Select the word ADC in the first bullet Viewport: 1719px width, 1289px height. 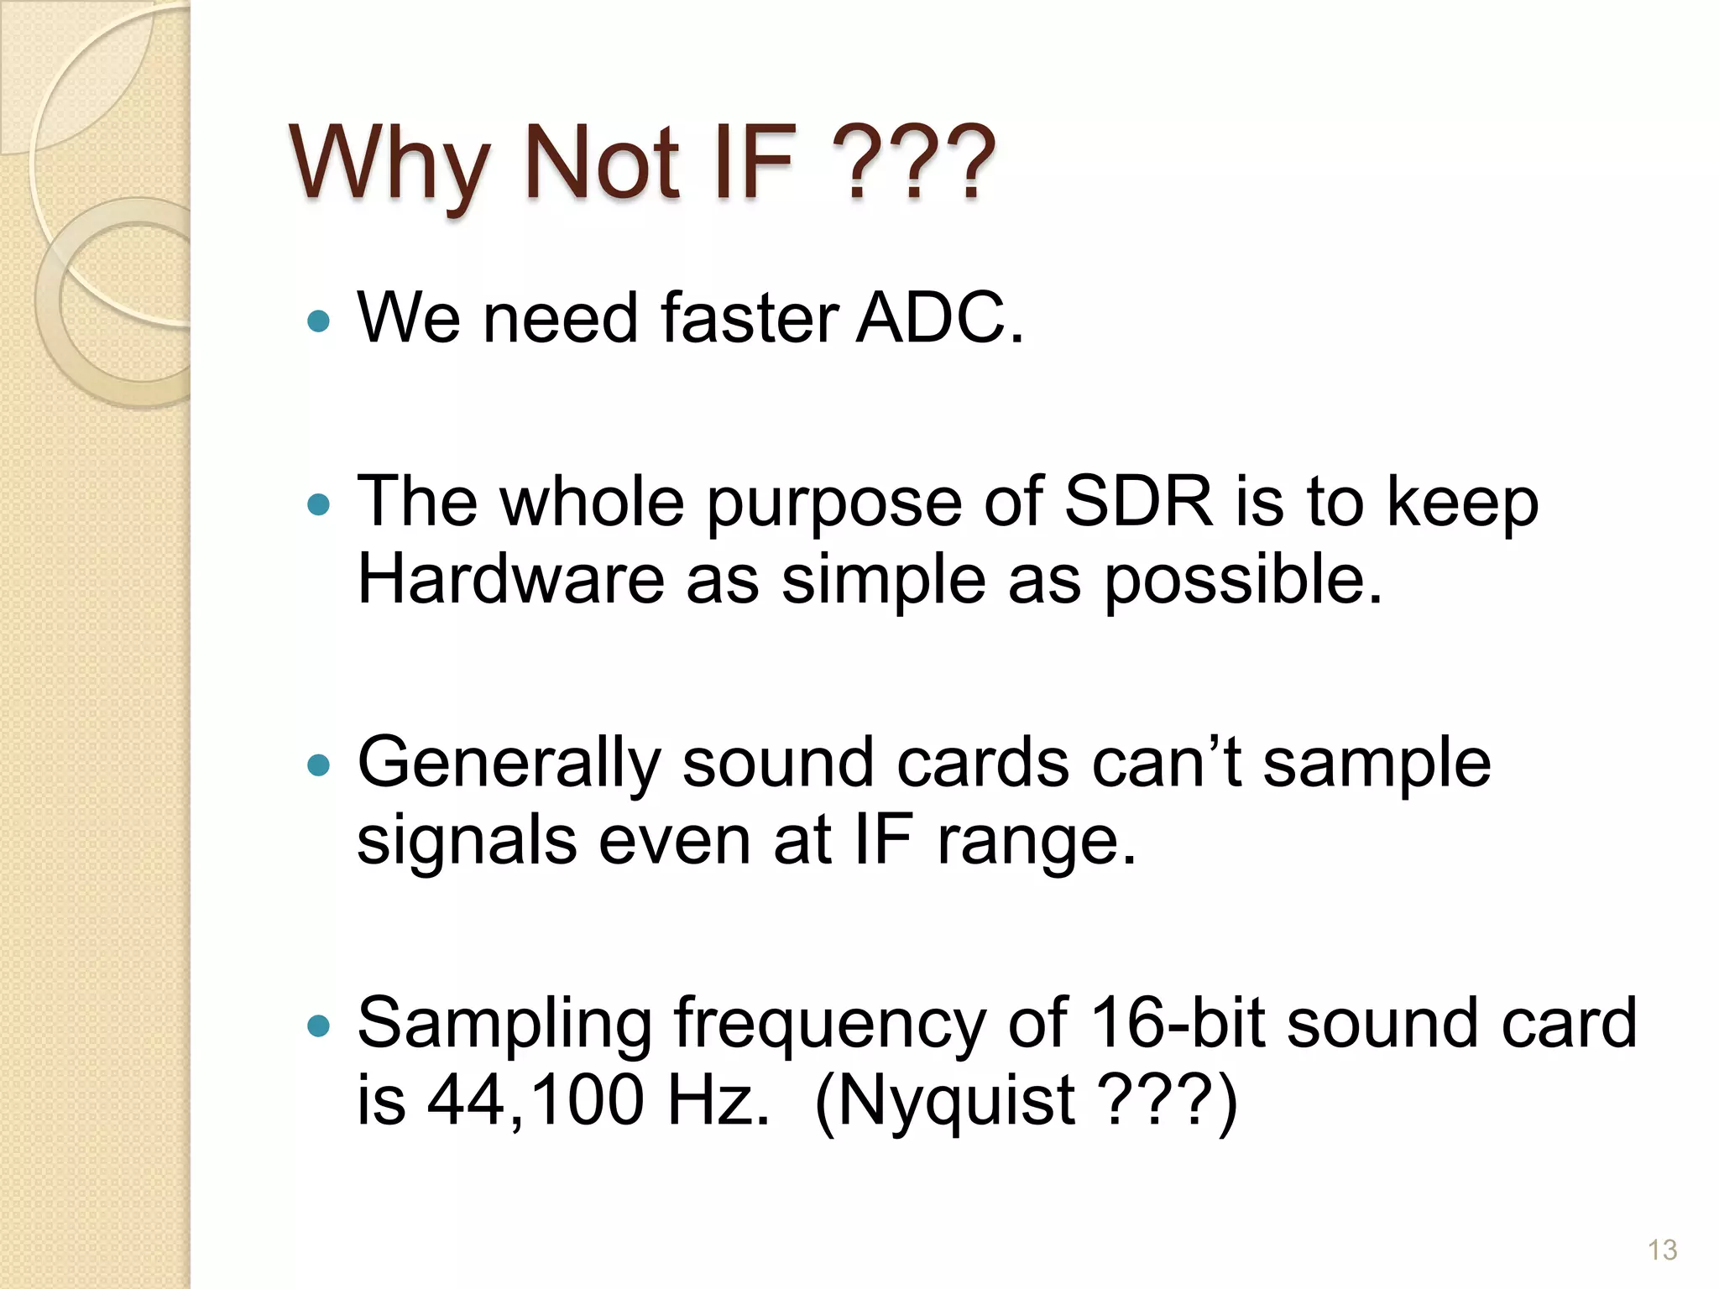(x=938, y=318)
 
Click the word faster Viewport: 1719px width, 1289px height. (x=750, y=318)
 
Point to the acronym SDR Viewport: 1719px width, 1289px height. (x=1137, y=501)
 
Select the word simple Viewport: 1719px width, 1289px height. (x=883, y=580)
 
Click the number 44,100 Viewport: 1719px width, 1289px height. (x=536, y=1100)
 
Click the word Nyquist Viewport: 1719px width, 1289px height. (x=957, y=1102)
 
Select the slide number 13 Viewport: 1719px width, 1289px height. (x=1662, y=1250)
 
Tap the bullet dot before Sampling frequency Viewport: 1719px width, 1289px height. (x=319, y=1025)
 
